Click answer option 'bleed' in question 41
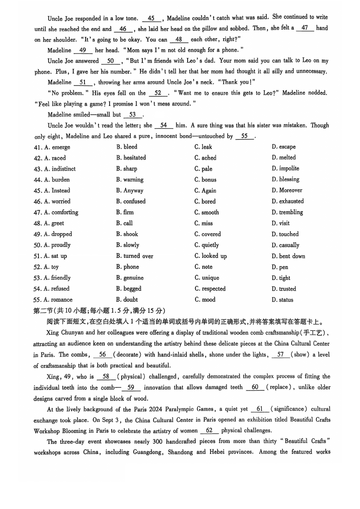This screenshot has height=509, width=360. point(130,147)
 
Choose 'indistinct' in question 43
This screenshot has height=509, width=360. point(63,169)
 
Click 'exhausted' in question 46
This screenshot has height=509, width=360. point(291,201)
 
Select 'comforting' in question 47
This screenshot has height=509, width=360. point(65,212)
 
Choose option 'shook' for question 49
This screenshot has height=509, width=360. point(130,234)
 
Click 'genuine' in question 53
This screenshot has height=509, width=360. point(133,277)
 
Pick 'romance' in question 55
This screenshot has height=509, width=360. point(62,299)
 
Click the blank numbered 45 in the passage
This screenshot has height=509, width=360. point(151,18)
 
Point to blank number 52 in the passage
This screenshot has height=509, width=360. point(158,93)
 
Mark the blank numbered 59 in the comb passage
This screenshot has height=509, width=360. point(131,387)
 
